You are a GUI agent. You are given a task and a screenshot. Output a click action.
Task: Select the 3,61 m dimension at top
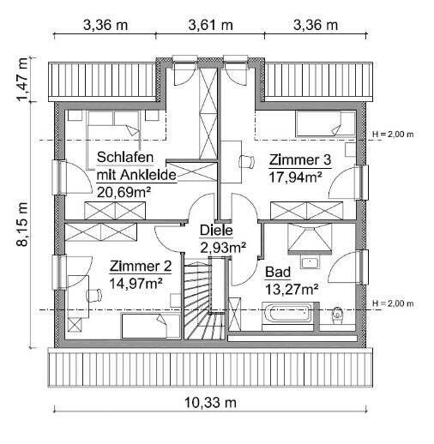coord(210,24)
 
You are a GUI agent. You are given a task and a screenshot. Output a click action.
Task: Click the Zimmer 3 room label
coord(299,160)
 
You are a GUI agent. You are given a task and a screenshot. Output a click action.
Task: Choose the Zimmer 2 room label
coord(140,267)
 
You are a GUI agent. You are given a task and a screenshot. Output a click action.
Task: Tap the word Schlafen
coord(125,158)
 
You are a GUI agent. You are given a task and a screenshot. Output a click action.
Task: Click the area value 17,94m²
coord(295,177)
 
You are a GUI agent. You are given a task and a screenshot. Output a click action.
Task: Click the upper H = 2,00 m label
coord(393,135)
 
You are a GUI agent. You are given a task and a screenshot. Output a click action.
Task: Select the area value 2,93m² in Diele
coord(223,247)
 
